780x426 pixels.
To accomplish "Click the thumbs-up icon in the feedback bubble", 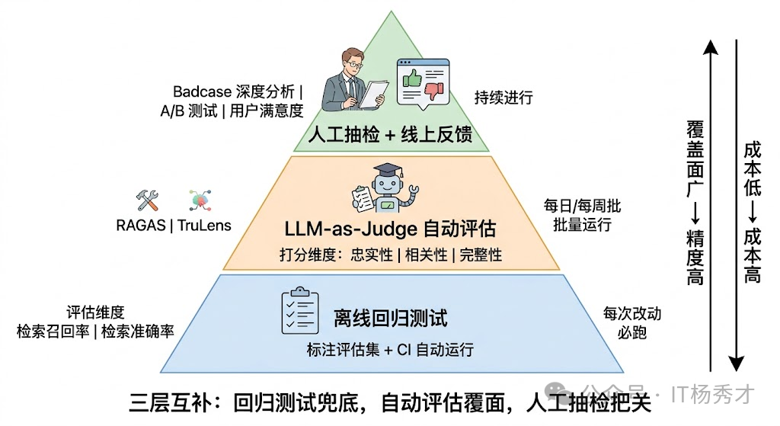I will pos(411,77).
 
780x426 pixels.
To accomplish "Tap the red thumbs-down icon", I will pos(433,92).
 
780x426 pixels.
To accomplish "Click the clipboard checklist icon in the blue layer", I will pos(299,311).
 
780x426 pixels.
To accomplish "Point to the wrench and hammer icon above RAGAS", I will pos(147,200).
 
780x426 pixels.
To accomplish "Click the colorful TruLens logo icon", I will pos(200,200).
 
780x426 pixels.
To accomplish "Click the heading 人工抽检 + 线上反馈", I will pos(390,135).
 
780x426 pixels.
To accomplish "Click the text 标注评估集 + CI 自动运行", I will pos(390,350).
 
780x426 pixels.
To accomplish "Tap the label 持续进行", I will pos(503,98).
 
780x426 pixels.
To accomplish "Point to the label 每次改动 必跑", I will pos(631,322).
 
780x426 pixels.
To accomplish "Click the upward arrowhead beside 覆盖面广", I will pos(710,48).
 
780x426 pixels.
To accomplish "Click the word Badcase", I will pos(202,92).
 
